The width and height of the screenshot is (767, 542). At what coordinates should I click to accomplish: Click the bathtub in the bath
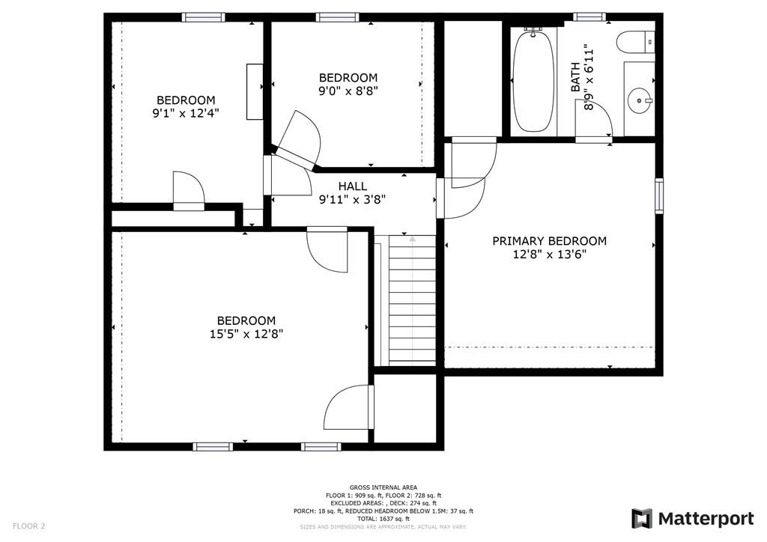tap(533, 80)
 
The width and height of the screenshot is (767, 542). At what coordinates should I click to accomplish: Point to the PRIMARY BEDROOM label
tap(549, 241)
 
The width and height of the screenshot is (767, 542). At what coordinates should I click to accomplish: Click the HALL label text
tap(352, 186)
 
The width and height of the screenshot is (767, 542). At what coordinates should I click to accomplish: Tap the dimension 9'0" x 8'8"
tap(348, 91)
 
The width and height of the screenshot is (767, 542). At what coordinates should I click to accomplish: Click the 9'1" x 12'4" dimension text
tap(185, 113)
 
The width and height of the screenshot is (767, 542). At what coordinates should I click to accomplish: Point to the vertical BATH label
tap(575, 77)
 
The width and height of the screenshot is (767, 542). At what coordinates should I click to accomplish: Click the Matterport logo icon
tap(642, 518)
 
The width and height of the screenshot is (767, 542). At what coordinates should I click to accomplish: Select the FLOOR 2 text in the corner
tap(28, 526)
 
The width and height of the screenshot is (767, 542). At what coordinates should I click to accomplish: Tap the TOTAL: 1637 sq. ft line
tap(383, 519)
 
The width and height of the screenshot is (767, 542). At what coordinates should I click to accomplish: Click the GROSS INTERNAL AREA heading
tap(383, 487)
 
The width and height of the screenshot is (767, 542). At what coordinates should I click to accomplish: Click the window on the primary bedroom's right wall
tap(658, 196)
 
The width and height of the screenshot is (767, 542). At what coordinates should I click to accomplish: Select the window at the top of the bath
tap(589, 16)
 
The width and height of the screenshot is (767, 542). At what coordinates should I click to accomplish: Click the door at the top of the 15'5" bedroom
tap(327, 250)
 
